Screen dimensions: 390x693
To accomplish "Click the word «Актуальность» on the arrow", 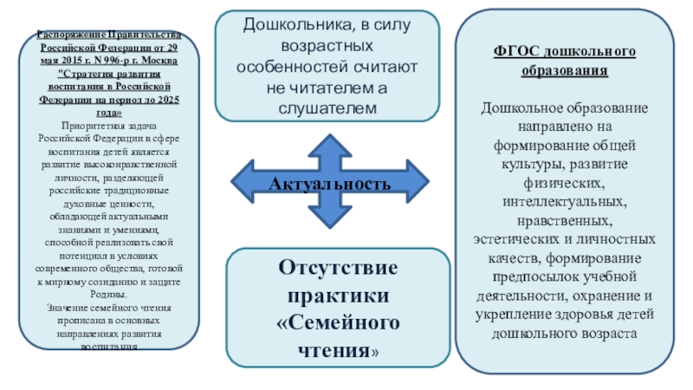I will click(x=329, y=184).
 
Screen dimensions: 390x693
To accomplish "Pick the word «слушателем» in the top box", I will click(x=329, y=107).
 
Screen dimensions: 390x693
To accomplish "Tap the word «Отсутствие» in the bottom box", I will click(x=338, y=267).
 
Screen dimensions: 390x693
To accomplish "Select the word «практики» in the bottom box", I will click(x=338, y=295).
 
